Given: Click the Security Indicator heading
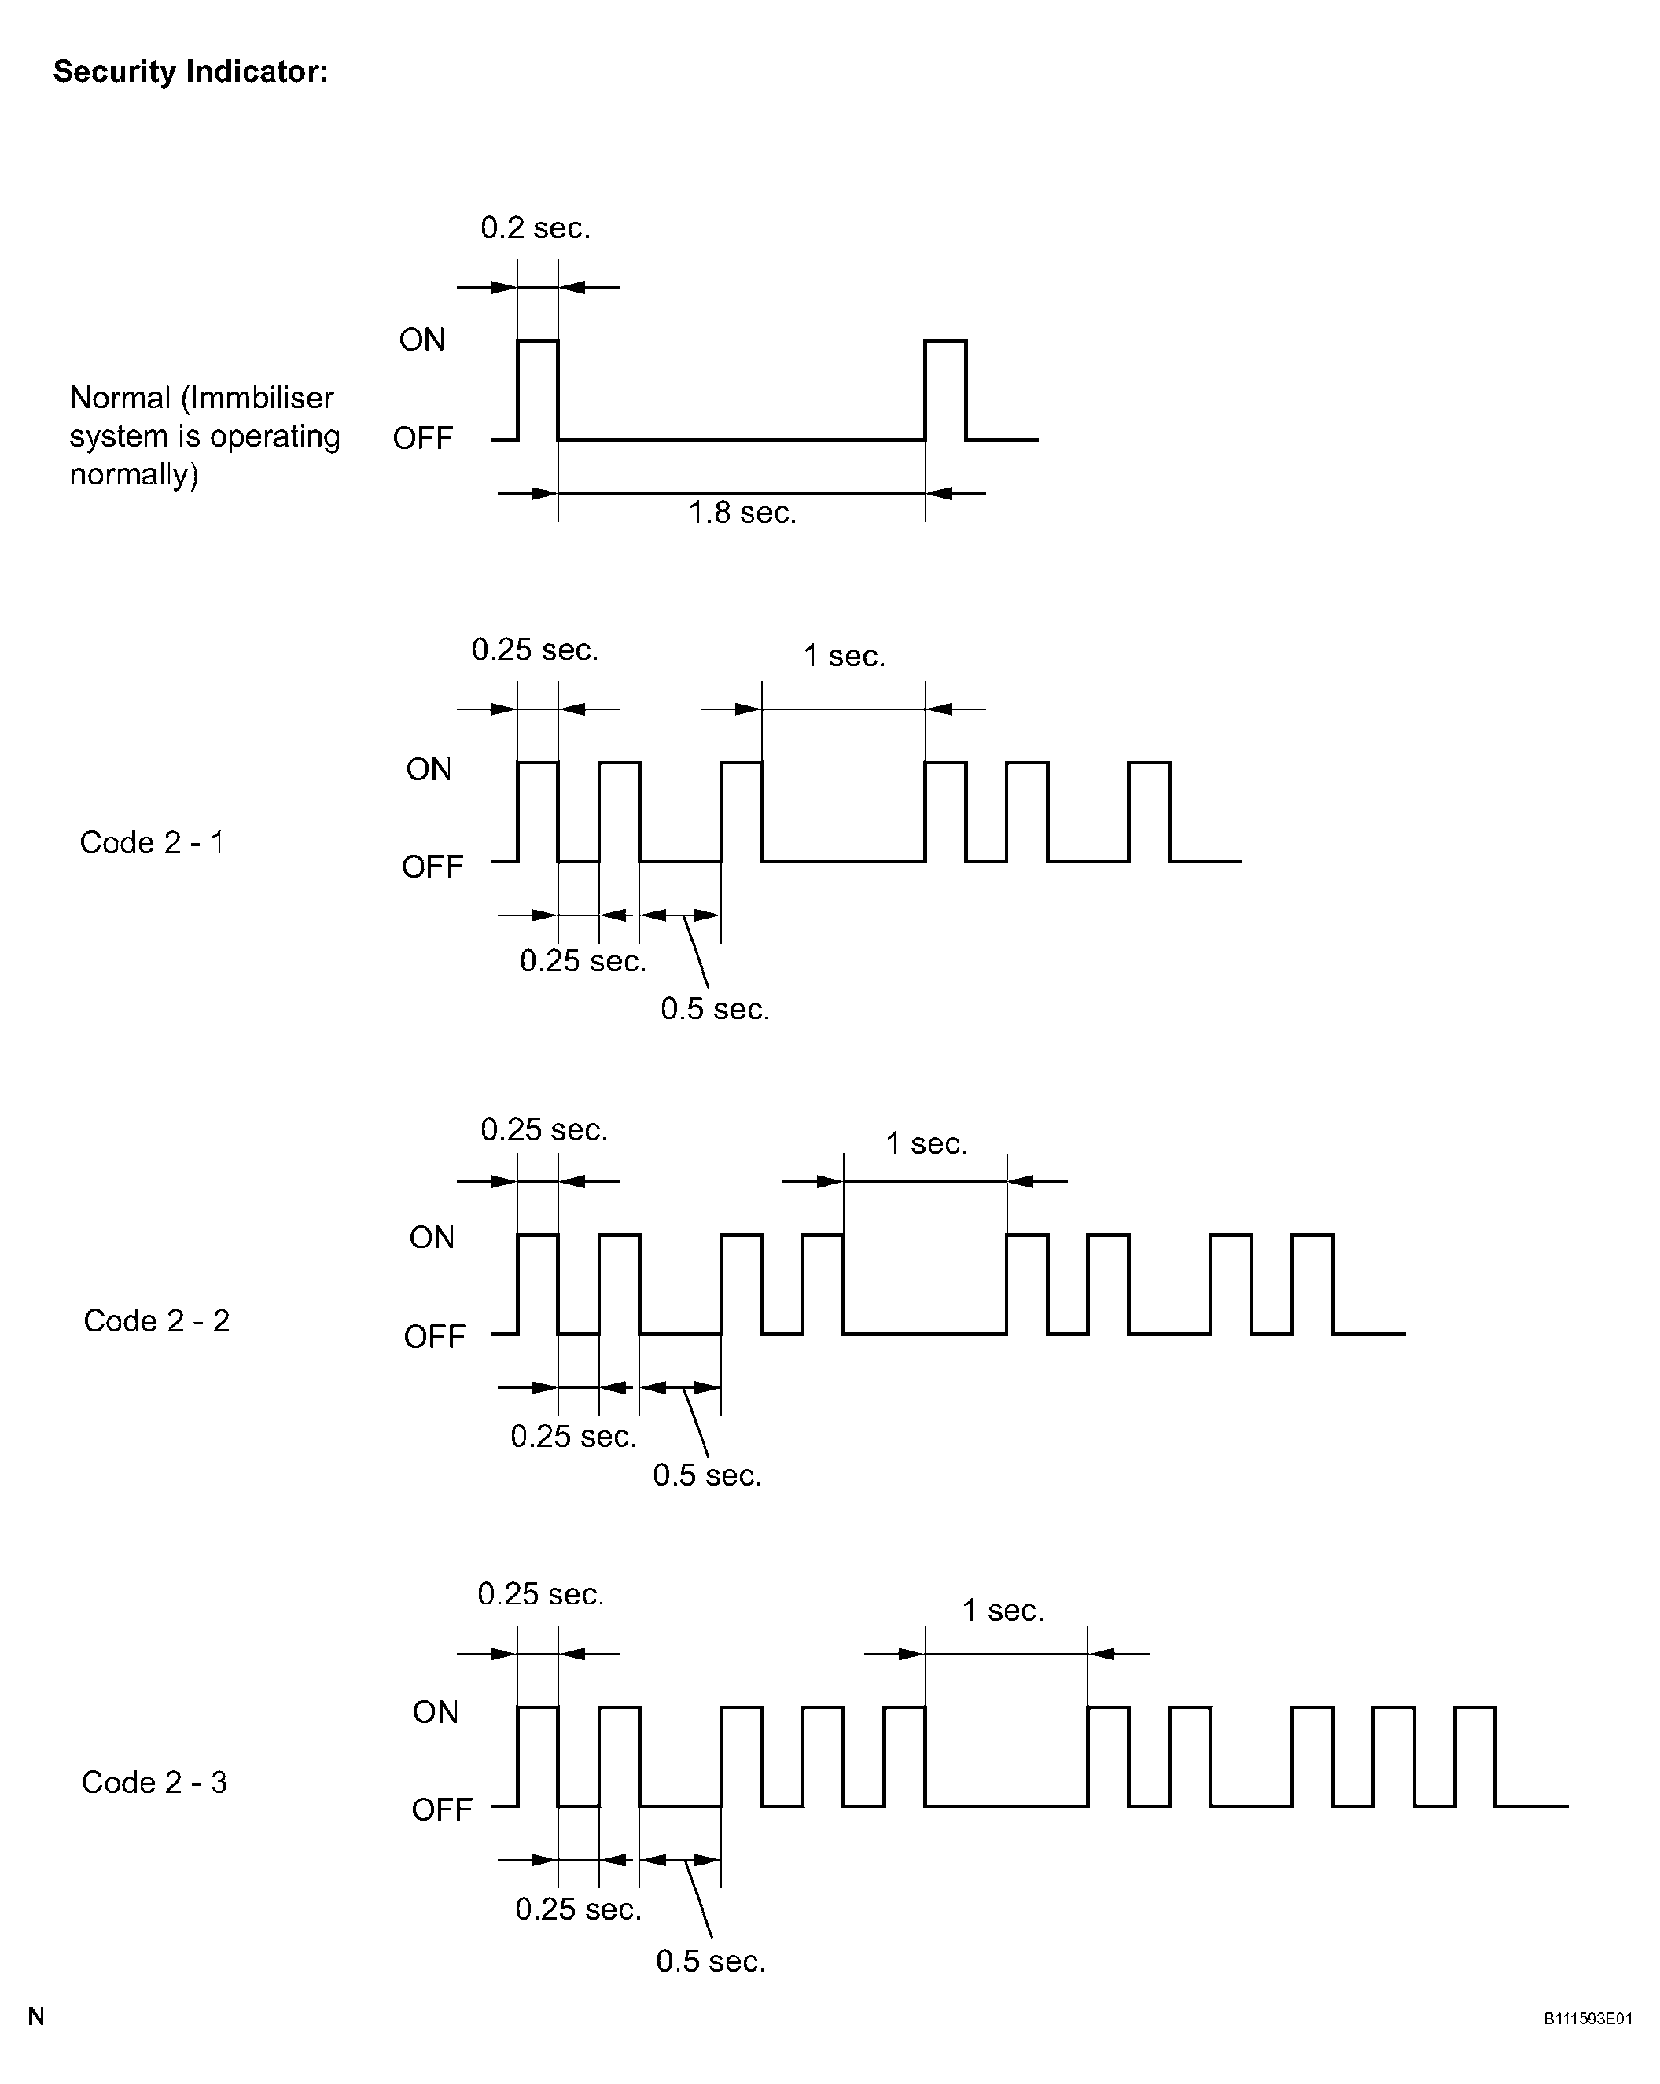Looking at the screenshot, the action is tap(190, 72).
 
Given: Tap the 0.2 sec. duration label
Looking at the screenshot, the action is tap(536, 228).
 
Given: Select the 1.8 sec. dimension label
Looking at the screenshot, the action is tap(742, 512).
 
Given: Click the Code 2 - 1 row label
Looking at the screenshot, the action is tap(152, 843).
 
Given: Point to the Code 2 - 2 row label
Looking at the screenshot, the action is tap(156, 1320).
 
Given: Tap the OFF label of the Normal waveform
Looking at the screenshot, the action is tap(422, 439).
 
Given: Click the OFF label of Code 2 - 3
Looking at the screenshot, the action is tap(442, 1810).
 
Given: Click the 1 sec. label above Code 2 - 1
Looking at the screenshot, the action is tap(844, 657).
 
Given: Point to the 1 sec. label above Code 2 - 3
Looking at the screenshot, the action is tap(1003, 1611).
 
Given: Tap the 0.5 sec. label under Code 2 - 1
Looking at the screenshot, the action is tap(716, 1009).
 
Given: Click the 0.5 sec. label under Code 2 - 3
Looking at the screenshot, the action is tap(711, 1961).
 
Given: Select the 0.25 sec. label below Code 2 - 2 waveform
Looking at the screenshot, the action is tap(574, 1436).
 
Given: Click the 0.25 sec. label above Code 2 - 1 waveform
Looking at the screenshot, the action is tap(536, 650).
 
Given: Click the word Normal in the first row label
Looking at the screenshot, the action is tap(120, 397).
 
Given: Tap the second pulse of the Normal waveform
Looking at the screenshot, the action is tap(945, 389).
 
